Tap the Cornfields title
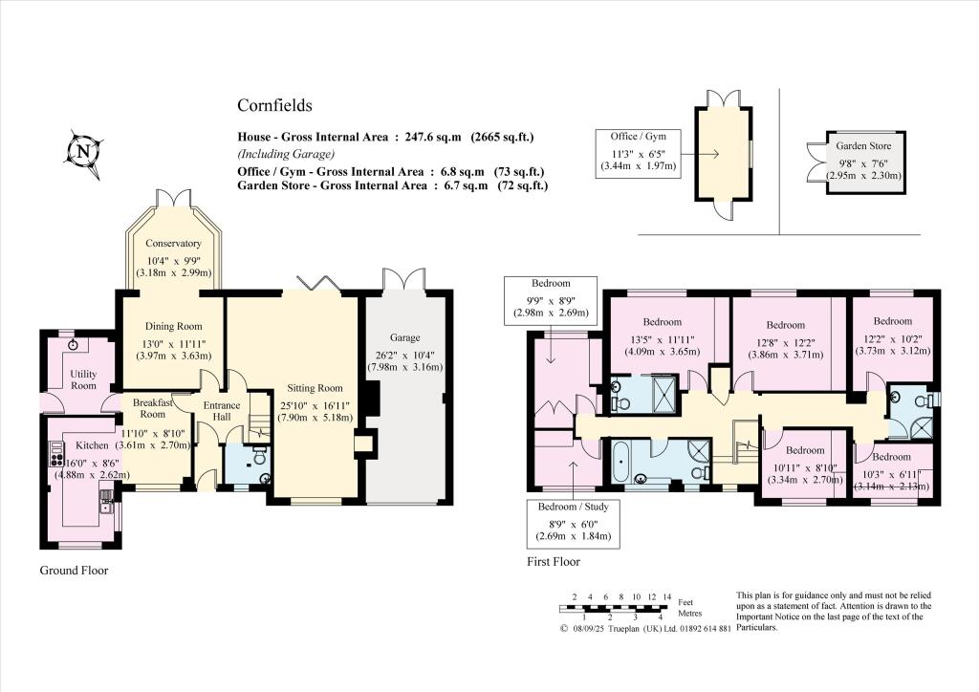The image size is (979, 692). pos(274,106)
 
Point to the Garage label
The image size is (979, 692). pos(404,337)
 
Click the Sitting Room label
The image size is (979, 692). pos(315,388)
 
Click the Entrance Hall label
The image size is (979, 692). pos(222,412)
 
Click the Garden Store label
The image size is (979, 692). pos(863,146)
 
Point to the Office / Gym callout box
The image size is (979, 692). pos(637,151)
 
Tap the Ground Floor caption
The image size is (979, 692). pos(74,571)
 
